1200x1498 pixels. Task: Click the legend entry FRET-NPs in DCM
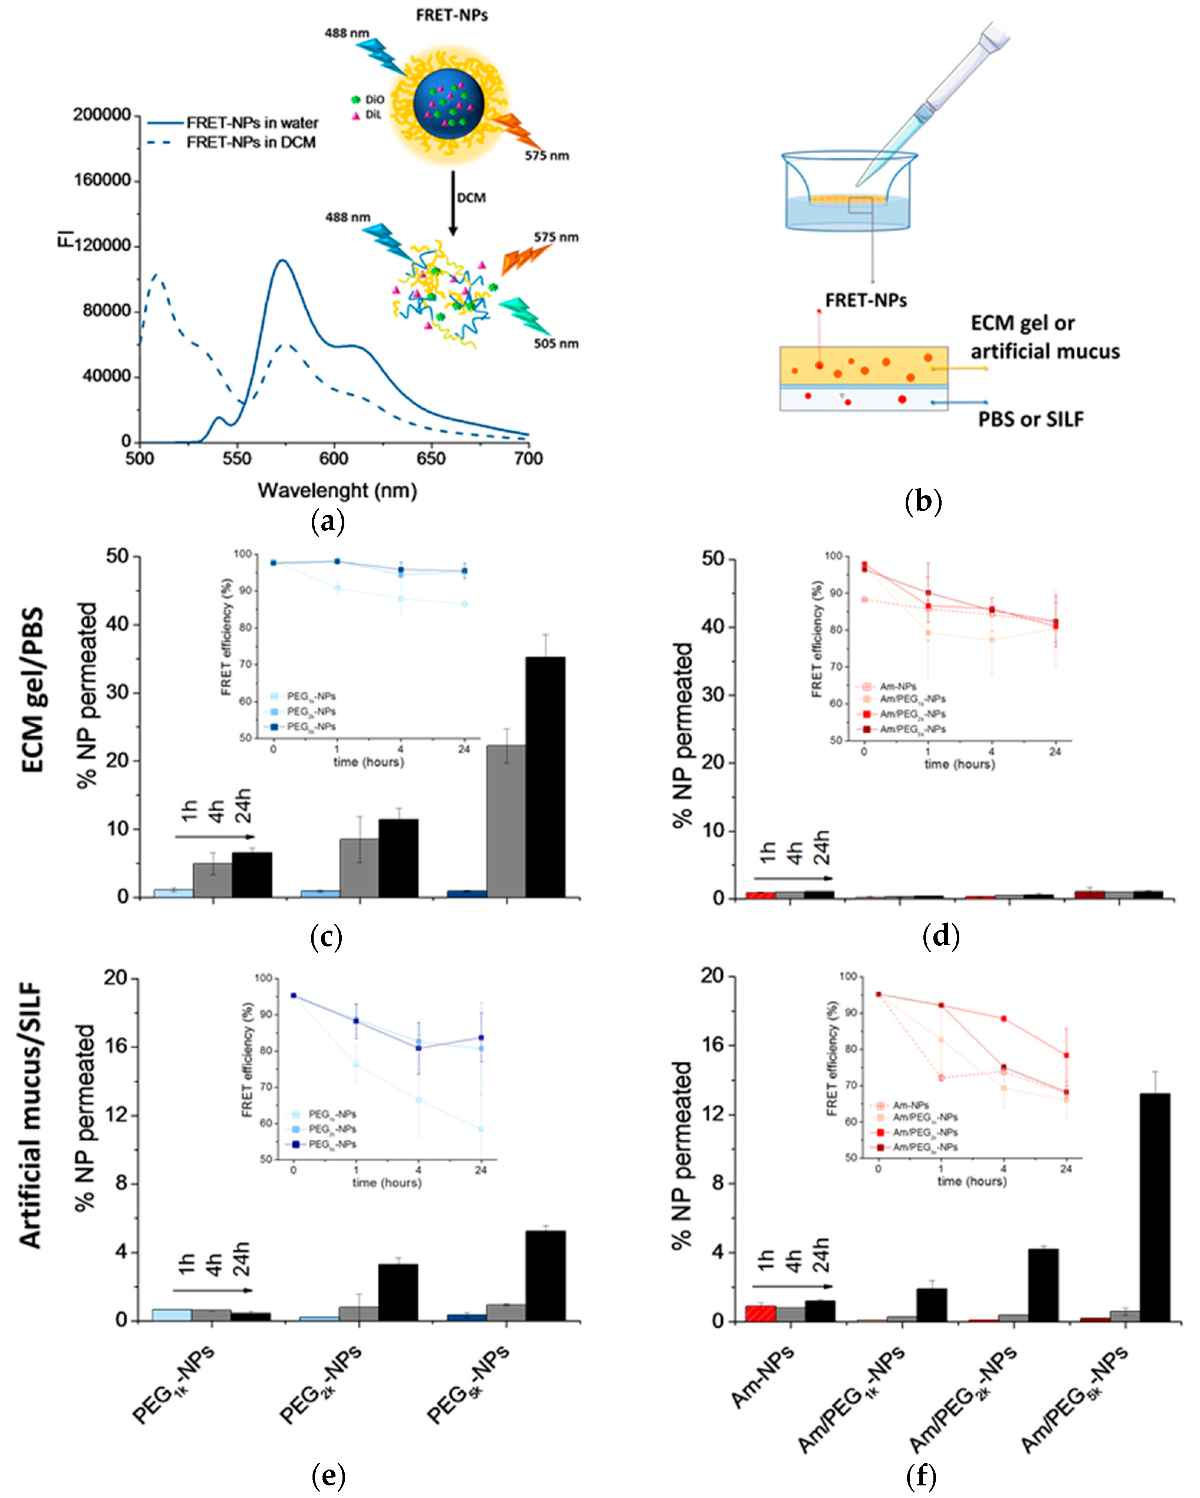coord(251,143)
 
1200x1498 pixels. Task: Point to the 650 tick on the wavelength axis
coord(431,459)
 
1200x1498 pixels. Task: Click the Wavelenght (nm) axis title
coord(337,490)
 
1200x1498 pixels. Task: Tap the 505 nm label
coord(556,343)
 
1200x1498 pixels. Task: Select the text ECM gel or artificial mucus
coord(1044,338)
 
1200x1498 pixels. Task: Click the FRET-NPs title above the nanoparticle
coord(452,15)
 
